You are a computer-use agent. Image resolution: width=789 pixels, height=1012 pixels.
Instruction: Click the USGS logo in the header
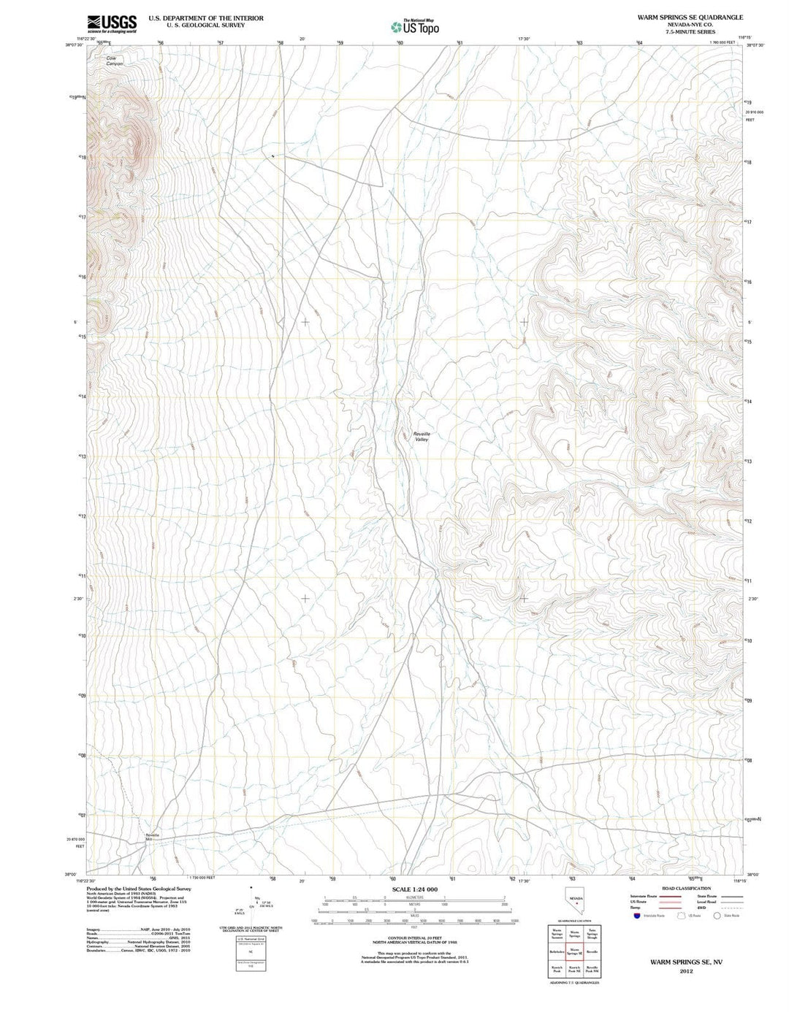click(x=112, y=24)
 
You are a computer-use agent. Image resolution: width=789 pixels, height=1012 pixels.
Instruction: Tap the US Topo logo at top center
click(x=415, y=27)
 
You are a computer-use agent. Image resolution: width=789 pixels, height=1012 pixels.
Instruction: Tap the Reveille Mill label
click(x=152, y=837)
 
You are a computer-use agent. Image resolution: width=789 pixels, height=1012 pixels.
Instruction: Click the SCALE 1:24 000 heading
click(x=414, y=889)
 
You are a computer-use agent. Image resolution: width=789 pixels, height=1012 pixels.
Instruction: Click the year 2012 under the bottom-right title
click(x=685, y=971)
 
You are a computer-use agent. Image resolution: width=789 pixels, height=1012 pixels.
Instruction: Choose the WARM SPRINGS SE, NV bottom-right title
click(x=685, y=962)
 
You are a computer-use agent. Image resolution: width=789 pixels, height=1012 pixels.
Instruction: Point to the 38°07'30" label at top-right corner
click(x=755, y=45)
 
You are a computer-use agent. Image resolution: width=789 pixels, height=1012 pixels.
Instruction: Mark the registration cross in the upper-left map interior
click(x=305, y=321)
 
